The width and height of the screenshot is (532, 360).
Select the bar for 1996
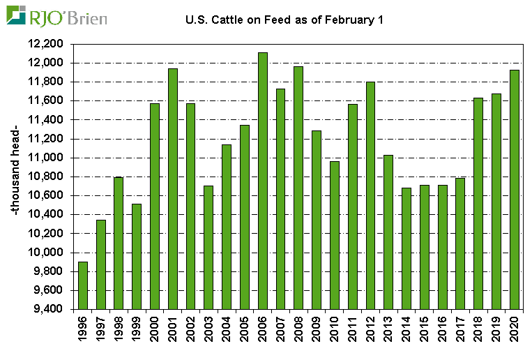click(83, 285)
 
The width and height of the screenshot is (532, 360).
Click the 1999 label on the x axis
click(137, 329)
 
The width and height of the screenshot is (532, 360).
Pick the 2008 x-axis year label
click(298, 329)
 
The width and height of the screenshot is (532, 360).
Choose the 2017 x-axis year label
click(460, 329)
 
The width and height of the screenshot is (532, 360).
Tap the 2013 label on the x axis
click(388, 329)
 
